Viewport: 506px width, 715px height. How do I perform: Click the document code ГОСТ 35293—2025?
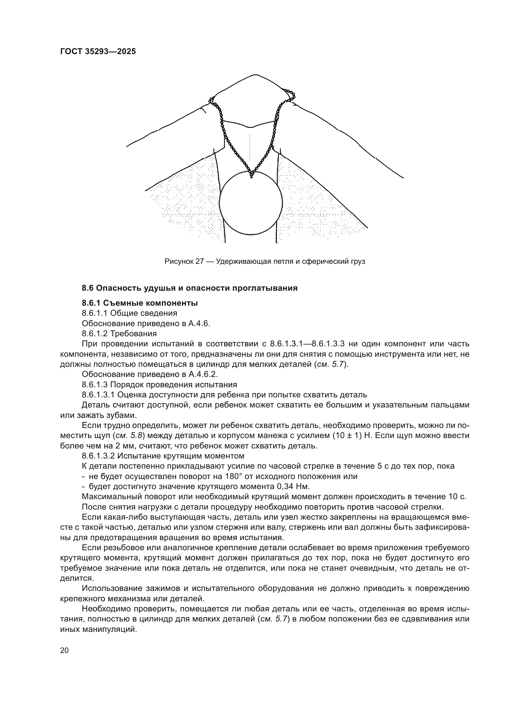[x=98, y=51]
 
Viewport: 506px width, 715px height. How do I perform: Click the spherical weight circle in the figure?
[x=251, y=203]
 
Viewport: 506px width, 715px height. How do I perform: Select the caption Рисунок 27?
[x=184, y=261]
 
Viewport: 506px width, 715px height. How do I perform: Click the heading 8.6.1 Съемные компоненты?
[x=140, y=303]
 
